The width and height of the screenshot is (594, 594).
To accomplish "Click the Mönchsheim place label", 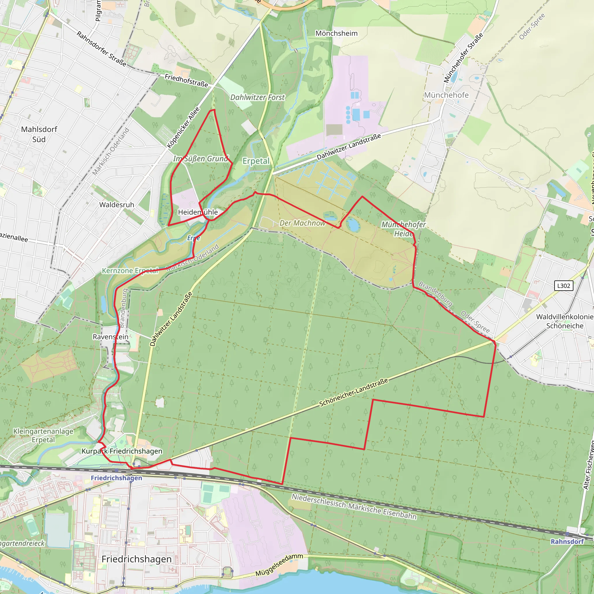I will click(336, 33).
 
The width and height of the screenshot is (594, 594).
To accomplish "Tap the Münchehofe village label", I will click(446, 95).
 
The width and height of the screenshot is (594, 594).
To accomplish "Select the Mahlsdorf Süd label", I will click(39, 134).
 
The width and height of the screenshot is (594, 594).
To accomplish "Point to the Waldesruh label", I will click(117, 205).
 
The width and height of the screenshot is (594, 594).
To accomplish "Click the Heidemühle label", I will click(198, 212).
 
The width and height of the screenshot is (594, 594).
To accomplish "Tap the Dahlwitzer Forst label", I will click(257, 97).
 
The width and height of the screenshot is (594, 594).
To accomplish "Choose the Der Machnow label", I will click(302, 223).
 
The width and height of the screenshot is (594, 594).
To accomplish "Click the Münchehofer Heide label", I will click(403, 229).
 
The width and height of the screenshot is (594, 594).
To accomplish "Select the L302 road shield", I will click(564, 286).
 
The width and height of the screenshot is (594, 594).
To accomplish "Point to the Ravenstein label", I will click(111, 337).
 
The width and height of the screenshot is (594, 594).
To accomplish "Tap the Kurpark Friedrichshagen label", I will click(122, 451).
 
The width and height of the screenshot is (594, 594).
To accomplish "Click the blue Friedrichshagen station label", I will click(116, 478).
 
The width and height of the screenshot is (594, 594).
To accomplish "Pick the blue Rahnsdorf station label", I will click(567, 542).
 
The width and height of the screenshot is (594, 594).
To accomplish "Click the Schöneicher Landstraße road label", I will click(354, 392).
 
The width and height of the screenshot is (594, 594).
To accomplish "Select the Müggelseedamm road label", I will click(279, 565).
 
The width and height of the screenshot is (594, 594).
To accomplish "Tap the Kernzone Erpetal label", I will click(130, 271).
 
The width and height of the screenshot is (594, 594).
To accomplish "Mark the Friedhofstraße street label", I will click(186, 80).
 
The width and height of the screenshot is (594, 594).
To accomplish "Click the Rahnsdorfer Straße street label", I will click(101, 48).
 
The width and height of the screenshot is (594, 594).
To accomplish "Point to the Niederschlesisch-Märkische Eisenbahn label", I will click(354, 506).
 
